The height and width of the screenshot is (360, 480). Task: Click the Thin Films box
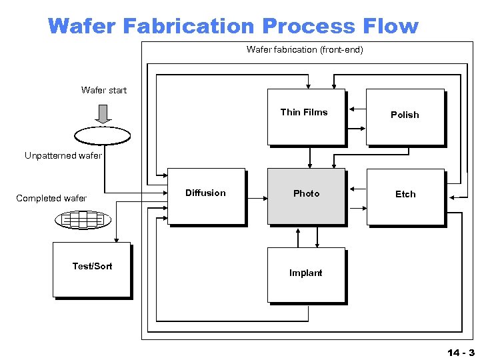click(x=306, y=117)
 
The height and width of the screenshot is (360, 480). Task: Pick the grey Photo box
click(x=306, y=197)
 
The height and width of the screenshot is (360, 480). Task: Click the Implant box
click(x=306, y=275)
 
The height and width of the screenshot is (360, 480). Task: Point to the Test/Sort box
click(x=91, y=269)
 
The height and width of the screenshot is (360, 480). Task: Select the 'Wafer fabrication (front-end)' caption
click(x=305, y=49)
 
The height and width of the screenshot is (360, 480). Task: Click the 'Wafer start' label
click(x=104, y=90)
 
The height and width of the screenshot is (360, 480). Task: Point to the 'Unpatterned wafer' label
click(x=63, y=156)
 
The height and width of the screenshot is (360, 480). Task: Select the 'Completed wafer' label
click(x=51, y=198)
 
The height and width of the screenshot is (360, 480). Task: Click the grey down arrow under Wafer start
click(x=103, y=114)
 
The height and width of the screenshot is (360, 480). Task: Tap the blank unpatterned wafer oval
click(x=103, y=136)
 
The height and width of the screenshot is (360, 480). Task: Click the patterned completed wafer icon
click(x=83, y=219)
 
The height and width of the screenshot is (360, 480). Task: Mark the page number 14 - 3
click(x=461, y=353)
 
